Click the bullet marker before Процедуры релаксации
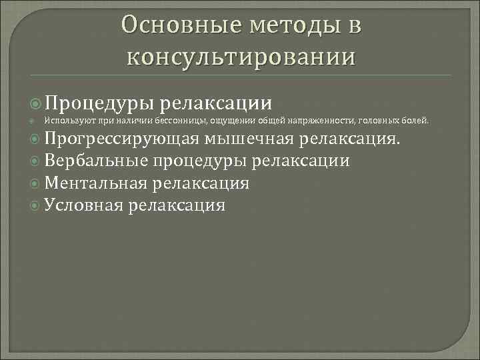(37, 103)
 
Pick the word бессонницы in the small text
(181, 121)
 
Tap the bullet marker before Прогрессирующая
(37, 139)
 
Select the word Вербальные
(96, 161)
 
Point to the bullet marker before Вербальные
(37, 161)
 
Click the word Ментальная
(97, 183)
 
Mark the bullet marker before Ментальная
(37, 183)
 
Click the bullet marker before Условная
(37, 205)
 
